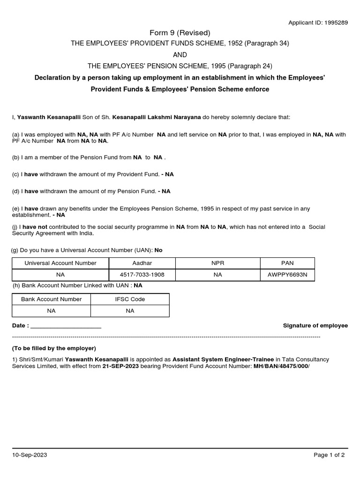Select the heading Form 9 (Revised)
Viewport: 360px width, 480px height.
(x=180, y=32)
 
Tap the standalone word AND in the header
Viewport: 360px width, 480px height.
(x=180, y=54)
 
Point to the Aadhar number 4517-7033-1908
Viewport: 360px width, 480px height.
(x=142, y=275)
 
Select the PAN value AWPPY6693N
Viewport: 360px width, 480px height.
(x=288, y=275)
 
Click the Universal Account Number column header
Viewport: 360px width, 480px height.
(x=60, y=263)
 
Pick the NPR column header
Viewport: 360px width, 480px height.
(x=218, y=263)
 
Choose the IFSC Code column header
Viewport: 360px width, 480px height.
(x=130, y=299)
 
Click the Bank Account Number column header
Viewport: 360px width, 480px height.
(x=52, y=299)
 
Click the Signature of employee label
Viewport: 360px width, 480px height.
(x=315, y=325)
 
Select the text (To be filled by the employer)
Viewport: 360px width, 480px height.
(x=54, y=348)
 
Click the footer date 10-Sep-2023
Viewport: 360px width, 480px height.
(x=30, y=455)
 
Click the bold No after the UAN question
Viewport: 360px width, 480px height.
(x=158, y=250)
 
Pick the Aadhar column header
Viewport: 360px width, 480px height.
(x=142, y=263)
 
